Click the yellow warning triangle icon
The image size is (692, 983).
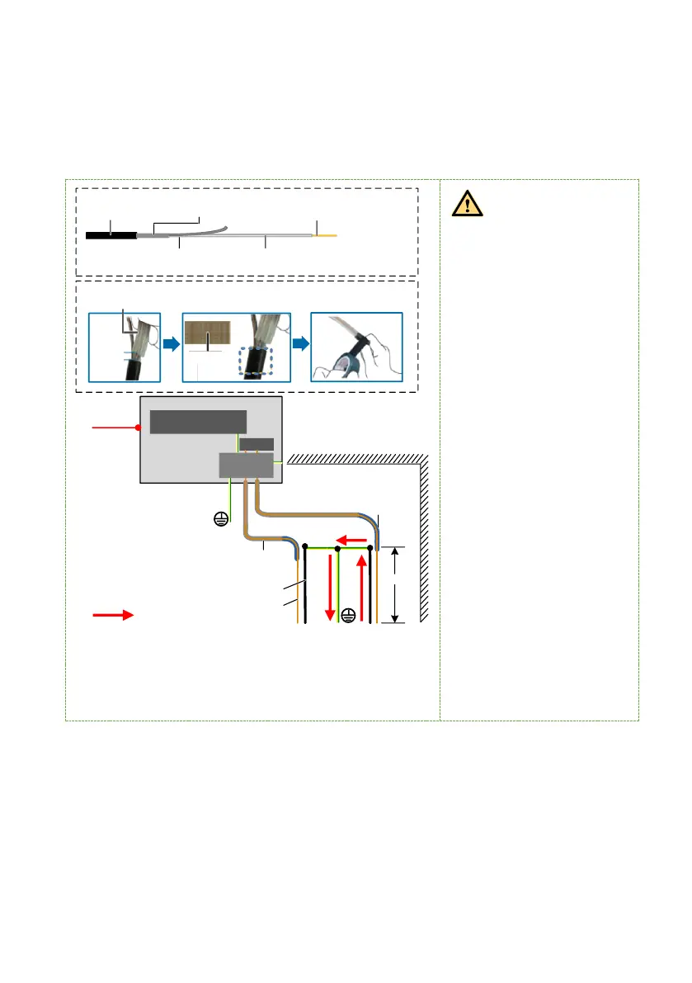(468, 202)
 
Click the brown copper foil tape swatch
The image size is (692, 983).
(207, 333)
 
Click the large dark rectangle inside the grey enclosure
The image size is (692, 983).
(198, 421)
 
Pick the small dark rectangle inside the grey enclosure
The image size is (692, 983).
(257, 444)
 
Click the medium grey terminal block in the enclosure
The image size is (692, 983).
(245, 466)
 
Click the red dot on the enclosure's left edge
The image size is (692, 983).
(139, 428)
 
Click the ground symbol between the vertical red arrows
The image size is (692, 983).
(348, 615)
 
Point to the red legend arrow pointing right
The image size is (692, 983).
(112, 615)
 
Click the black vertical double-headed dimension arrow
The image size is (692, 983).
(396, 584)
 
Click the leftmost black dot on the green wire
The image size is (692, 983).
(305, 547)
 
